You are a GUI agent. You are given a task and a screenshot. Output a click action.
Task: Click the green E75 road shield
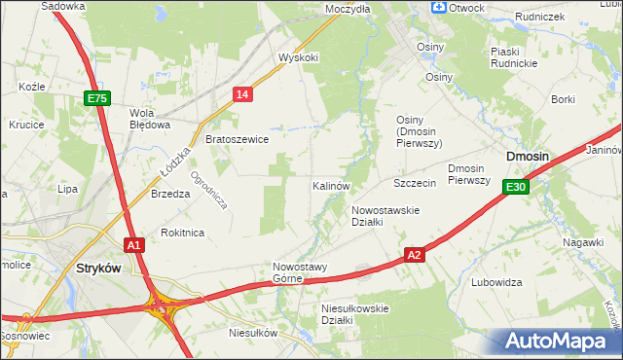97,98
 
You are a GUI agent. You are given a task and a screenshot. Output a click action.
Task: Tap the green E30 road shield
516,187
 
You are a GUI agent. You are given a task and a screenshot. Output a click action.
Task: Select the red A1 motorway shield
134,246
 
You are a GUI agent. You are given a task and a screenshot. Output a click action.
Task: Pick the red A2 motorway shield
415,255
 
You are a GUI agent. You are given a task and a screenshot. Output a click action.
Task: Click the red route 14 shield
243,93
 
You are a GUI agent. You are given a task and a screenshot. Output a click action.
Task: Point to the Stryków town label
96,268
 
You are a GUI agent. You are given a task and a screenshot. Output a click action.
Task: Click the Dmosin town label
528,157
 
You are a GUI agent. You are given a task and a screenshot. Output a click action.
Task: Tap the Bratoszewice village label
237,139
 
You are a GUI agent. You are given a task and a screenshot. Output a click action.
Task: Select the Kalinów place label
331,185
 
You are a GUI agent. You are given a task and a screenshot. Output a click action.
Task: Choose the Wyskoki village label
298,57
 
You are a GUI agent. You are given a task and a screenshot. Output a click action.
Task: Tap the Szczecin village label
414,183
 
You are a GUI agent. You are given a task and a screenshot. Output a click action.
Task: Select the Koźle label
32,87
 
